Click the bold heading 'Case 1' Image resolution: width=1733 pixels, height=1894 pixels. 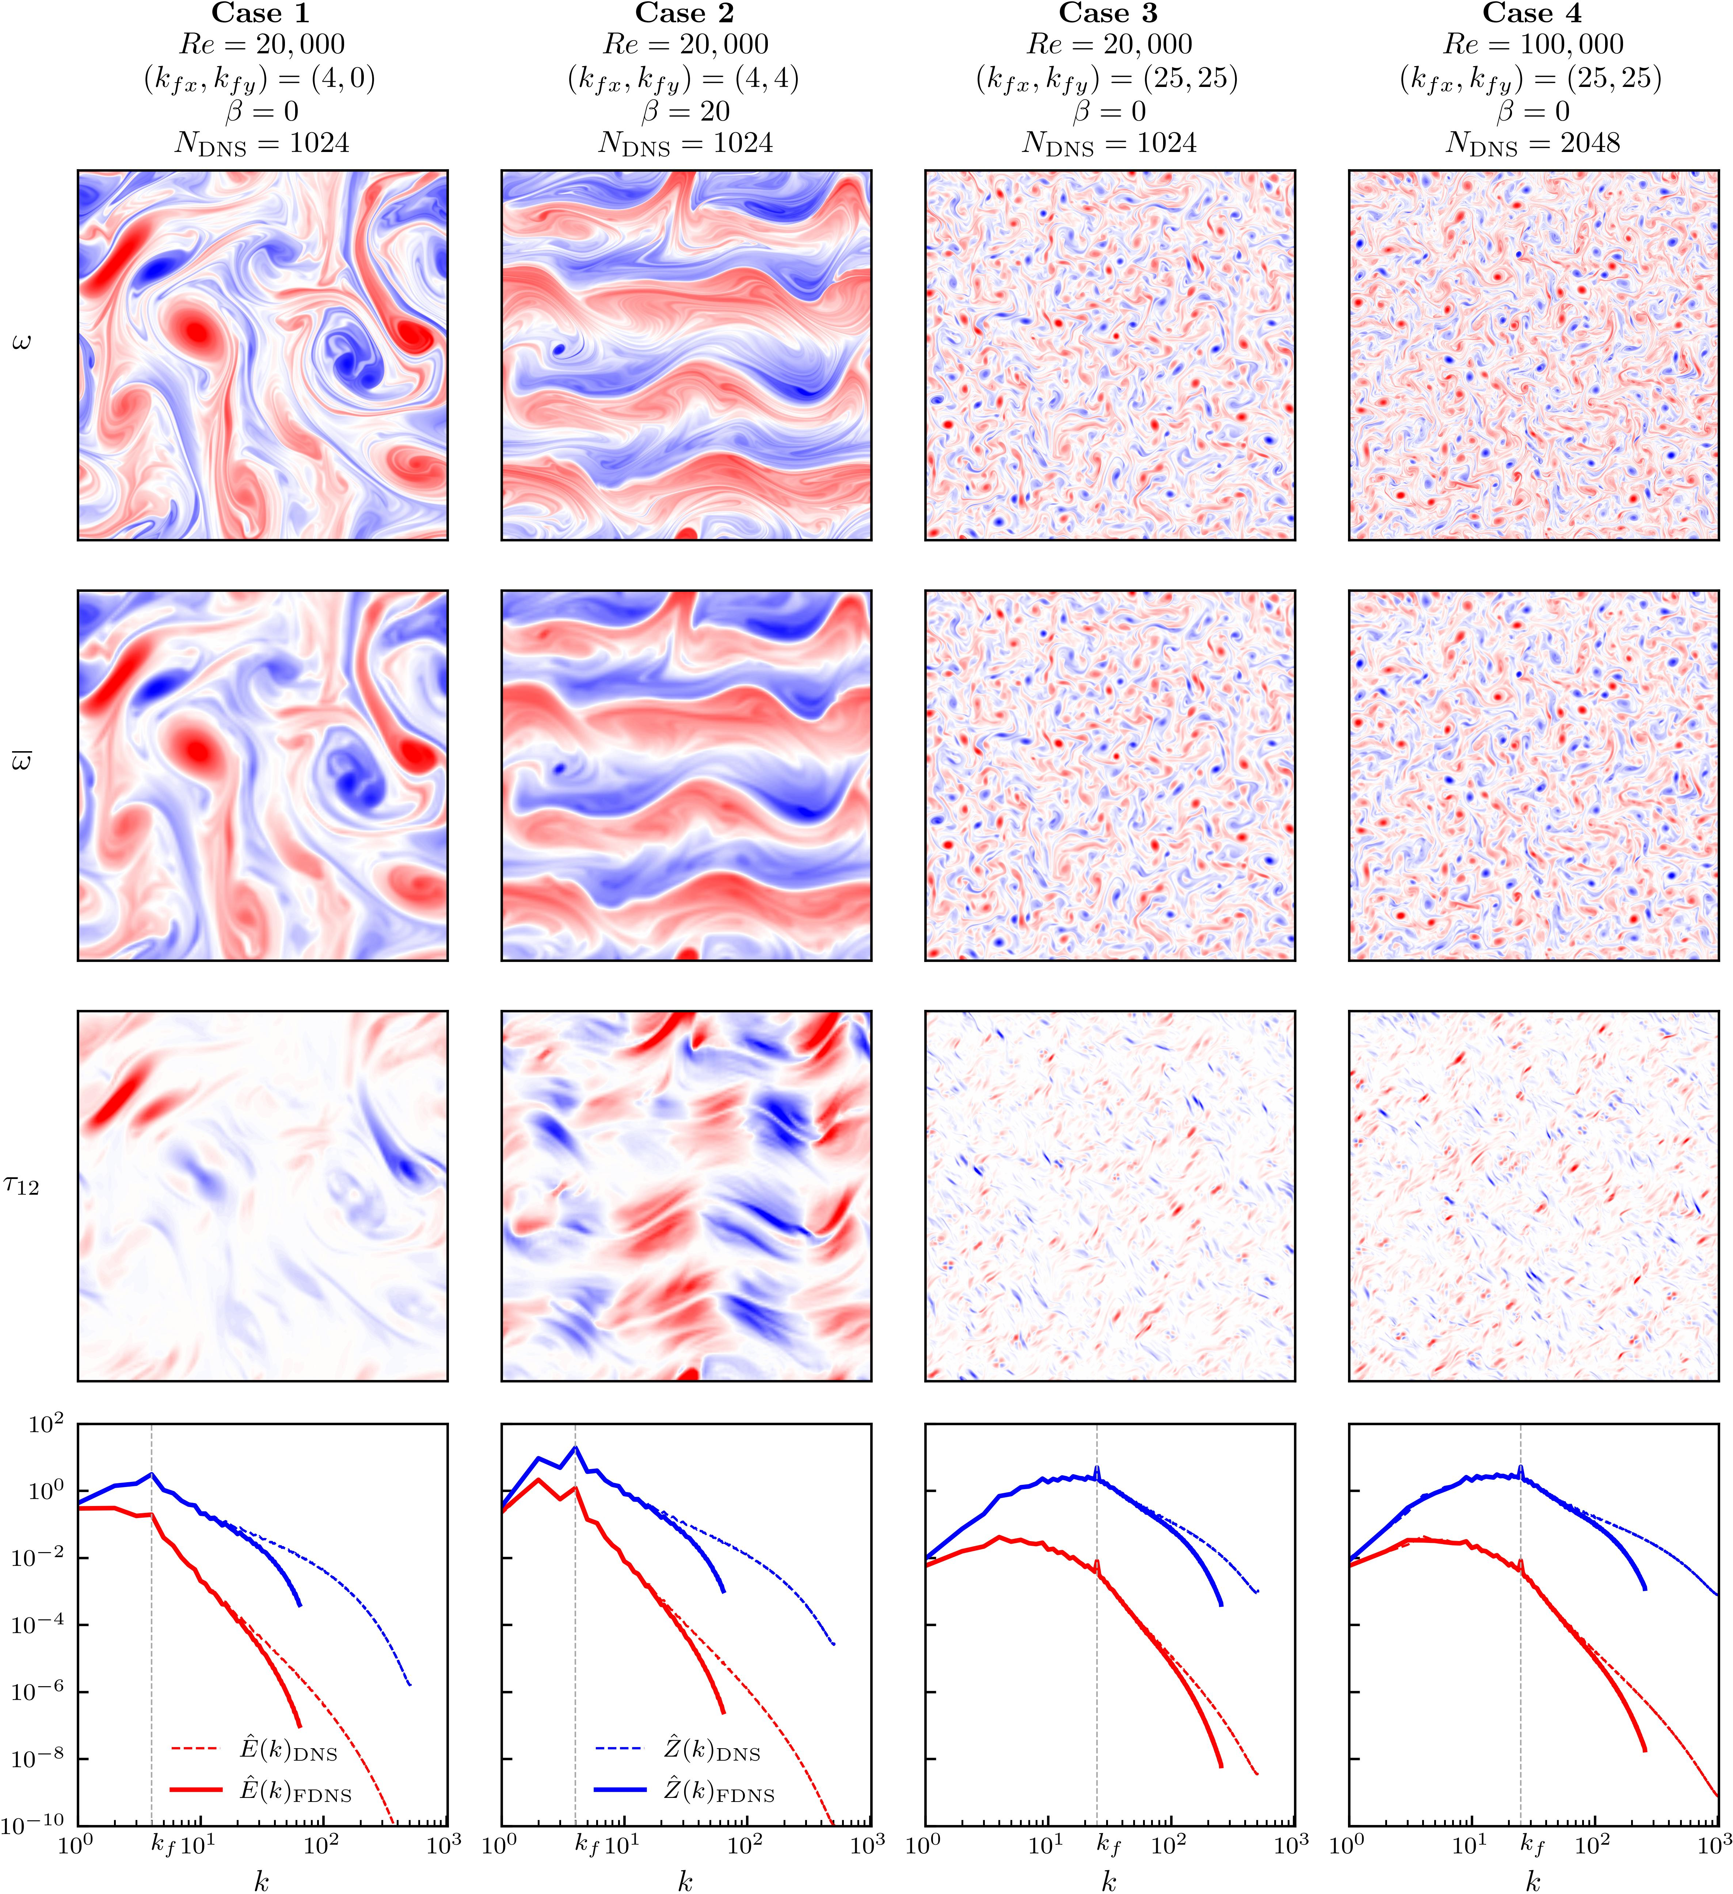click(261, 13)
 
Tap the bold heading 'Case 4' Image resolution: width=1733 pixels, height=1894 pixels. click(1532, 13)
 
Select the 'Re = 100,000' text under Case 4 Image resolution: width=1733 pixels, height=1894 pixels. click(1532, 44)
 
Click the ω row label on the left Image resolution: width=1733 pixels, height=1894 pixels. click(21, 342)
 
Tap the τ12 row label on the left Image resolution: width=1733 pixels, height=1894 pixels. click(21, 1186)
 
